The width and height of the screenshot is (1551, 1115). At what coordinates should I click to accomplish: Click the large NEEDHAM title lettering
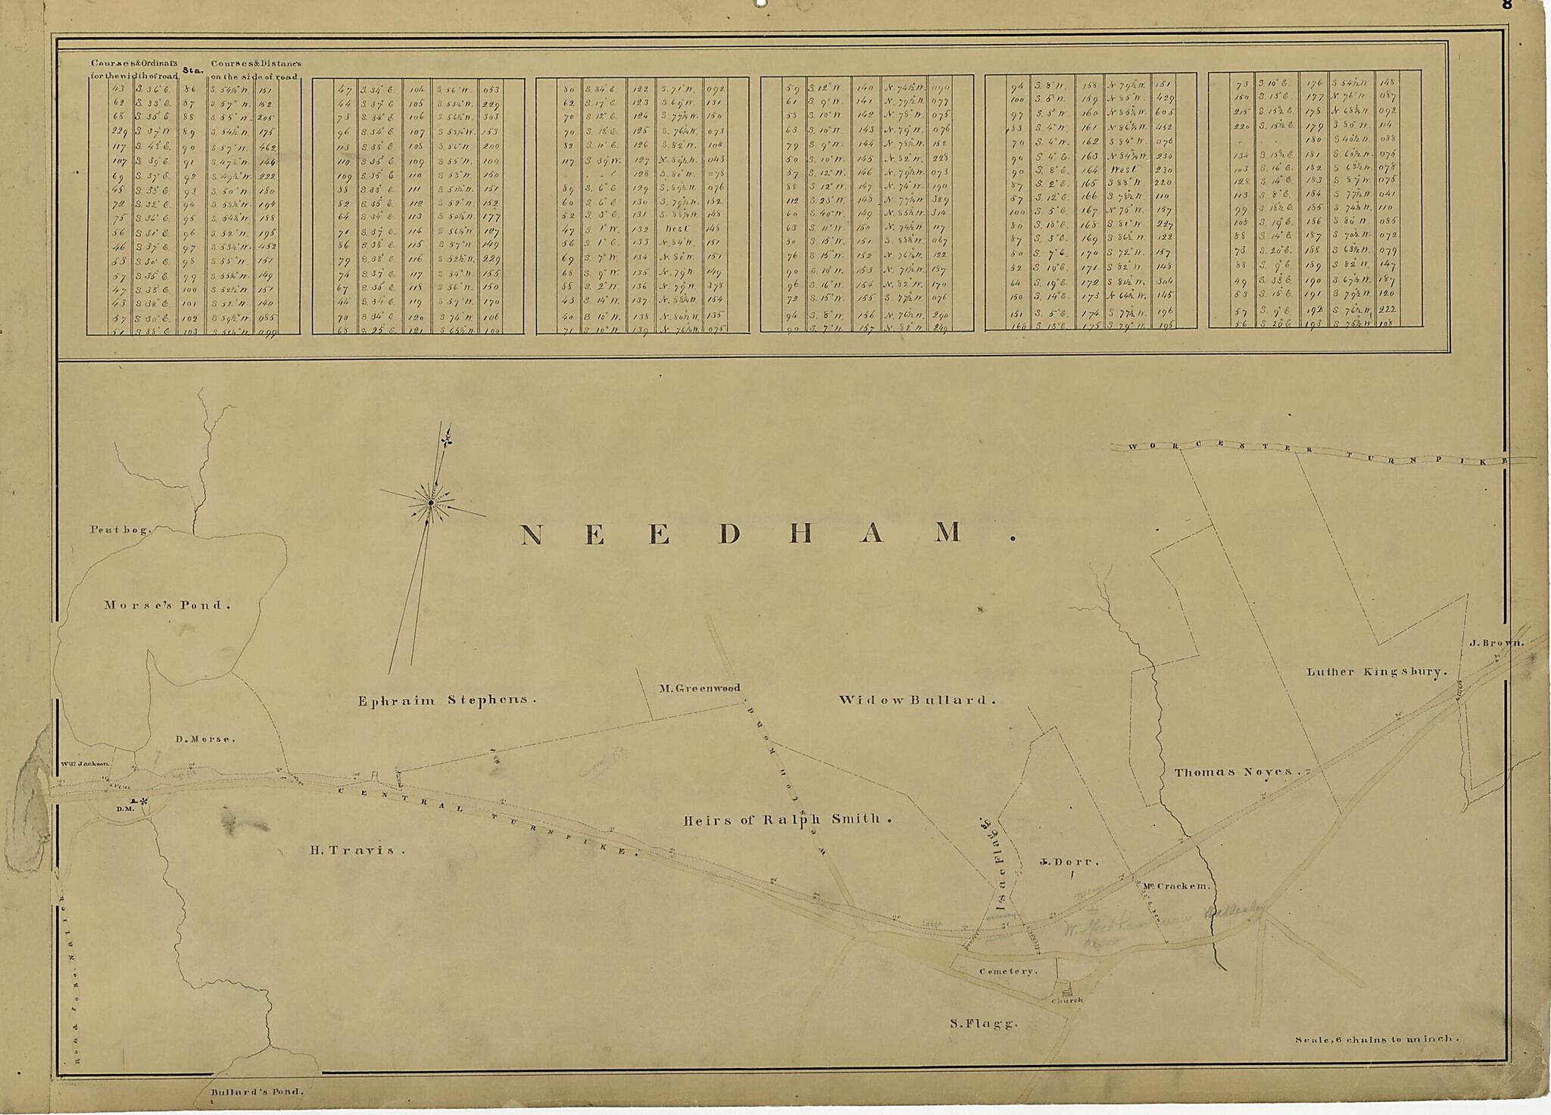765,534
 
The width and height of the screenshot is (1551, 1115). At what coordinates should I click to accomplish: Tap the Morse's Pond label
167,605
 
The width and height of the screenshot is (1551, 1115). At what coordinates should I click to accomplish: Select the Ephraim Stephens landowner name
447,700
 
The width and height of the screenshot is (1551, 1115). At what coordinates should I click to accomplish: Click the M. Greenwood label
698,688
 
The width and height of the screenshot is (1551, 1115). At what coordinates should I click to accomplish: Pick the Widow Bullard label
916,700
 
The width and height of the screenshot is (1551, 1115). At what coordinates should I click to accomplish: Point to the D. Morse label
205,739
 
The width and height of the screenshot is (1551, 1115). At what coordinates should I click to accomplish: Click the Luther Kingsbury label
1377,671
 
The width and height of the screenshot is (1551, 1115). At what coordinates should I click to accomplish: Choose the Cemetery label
1007,971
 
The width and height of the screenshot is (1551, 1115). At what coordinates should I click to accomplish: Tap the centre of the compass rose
431,503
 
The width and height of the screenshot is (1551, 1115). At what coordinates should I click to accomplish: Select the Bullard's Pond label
257,1092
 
